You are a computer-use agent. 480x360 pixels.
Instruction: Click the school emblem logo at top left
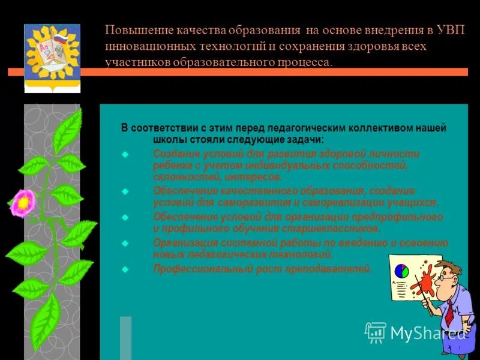point(52,58)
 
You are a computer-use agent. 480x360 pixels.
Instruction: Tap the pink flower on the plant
point(23,202)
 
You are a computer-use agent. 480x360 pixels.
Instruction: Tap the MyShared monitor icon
point(376,332)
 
